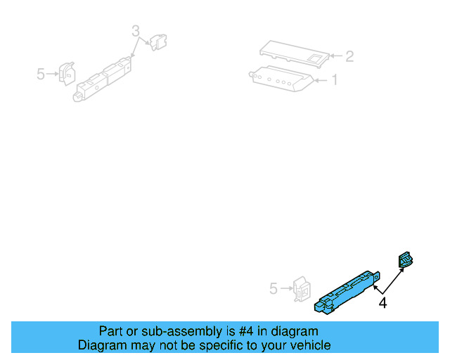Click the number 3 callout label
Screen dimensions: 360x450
(136, 30)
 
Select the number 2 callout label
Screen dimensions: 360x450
(349, 56)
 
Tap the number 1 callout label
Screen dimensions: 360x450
(334, 80)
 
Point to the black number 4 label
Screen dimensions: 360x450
(382, 304)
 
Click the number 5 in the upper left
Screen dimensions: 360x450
(41, 73)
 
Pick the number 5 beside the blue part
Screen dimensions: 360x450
(274, 288)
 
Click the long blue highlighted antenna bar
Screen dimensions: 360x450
(347, 291)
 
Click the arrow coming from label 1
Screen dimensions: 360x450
(320, 81)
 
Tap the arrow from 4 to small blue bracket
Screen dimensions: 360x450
(392, 280)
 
